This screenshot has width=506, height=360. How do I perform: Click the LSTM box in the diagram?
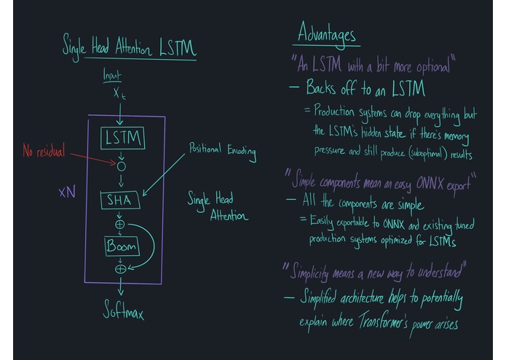pos(122,138)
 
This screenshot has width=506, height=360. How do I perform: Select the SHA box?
pos(120,199)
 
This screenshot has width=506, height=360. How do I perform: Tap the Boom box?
pos(122,246)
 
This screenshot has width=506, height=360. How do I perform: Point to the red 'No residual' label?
pos(43,152)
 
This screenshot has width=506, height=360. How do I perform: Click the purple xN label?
pos(67,193)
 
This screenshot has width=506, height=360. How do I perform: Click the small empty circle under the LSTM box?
pos(122,166)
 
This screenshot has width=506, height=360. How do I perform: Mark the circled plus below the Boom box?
pos(121,269)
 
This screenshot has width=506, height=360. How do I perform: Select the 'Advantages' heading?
pos(327,34)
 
